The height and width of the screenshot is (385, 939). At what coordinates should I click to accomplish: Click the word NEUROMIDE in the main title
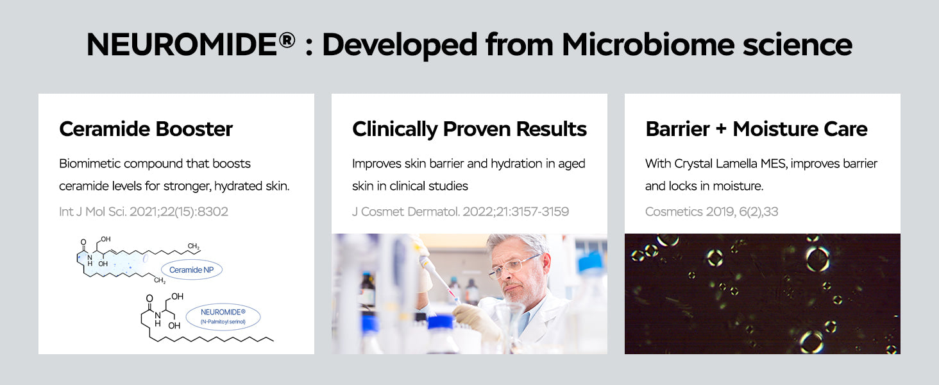coord(182,44)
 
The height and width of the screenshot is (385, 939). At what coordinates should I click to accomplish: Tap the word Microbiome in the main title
coord(648,44)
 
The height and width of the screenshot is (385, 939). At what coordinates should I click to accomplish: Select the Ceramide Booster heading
coord(146,129)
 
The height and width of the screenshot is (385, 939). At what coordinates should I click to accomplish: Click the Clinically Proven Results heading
coord(469,129)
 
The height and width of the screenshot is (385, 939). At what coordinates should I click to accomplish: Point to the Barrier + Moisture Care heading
coord(757,129)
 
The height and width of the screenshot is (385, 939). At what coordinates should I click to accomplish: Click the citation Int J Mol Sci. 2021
coord(144,211)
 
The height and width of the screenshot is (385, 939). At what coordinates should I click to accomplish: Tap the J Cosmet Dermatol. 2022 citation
coord(461,211)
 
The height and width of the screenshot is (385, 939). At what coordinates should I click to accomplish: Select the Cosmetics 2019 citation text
coord(711,211)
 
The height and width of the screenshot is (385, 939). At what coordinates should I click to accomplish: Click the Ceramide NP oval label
coord(192,269)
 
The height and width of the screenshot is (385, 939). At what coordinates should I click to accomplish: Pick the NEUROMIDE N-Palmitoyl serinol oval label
coord(223,316)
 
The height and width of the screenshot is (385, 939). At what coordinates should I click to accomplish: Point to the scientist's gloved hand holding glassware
coord(478,320)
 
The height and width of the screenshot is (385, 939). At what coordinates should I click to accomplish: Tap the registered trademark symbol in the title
coord(287,40)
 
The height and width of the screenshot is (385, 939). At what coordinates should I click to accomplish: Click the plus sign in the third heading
coord(721,129)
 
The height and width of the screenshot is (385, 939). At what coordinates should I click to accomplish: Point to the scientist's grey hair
coord(519,244)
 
